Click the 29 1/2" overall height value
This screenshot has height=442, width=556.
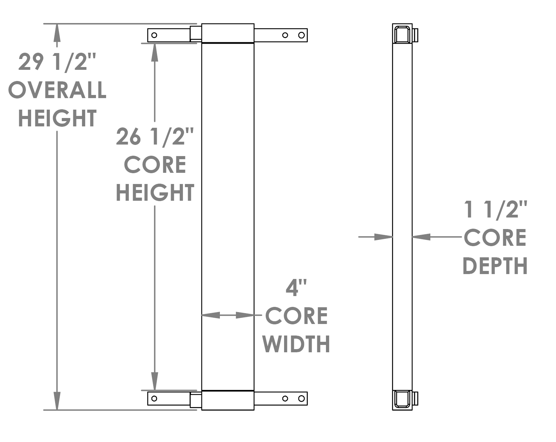[x=57, y=62]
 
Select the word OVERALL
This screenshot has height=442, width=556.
[x=57, y=90]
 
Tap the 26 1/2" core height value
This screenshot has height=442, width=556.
[x=155, y=137]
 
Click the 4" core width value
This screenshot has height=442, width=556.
[x=296, y=288]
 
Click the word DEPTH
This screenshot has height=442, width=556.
[x=495, y=266]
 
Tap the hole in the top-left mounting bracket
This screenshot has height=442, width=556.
[x=155, y=35]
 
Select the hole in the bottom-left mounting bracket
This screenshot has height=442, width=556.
[x=154, y=398]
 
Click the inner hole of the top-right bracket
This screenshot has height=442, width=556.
[x=285, y=35]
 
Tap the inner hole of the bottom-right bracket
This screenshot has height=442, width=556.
[x=285, y=398]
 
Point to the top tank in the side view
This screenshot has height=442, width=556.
[x=402, y=34]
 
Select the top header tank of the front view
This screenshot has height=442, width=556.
[x=228, y=33]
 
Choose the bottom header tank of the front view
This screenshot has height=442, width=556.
[x=228, y=400]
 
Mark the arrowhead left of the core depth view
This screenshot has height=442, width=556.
[x=384, y=237]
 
